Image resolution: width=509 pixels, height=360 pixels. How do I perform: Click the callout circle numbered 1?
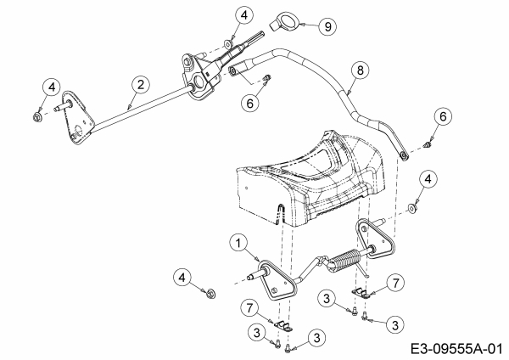[238, 243]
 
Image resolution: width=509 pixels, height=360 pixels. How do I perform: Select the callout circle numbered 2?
[141, 85]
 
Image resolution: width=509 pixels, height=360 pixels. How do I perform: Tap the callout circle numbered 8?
[360, 70]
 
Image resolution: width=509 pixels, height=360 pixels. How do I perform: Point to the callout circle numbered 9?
[327, 26]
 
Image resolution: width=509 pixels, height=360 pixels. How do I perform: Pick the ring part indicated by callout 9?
[286, 23]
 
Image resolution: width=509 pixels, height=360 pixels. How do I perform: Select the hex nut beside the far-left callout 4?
[36, 116]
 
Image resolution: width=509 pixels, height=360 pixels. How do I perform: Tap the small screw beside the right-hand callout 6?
[429, 144]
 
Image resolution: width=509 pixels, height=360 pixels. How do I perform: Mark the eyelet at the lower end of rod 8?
[404, 156]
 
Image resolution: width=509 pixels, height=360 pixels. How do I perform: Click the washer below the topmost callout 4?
[228, 43]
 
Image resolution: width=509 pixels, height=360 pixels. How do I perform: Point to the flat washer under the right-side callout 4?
[412, 208]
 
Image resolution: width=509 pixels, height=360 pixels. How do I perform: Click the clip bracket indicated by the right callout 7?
[361, 292]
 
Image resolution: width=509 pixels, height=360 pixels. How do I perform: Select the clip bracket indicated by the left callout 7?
[283, 326]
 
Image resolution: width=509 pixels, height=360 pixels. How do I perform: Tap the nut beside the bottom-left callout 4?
[211, 293]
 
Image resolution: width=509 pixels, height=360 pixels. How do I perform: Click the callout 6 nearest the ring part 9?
[250, 104]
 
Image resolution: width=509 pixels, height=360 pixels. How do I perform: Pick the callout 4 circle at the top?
[243, 15]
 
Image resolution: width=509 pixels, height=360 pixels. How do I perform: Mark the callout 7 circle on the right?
[395, 283]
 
